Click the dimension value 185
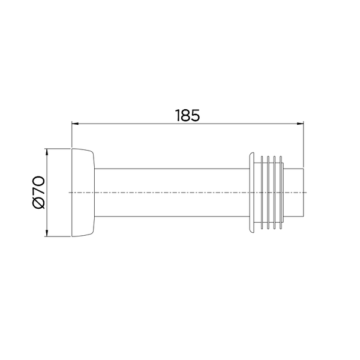(x=188, y=115)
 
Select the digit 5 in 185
(x=196, y=115)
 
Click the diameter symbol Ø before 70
(x=38, y=203)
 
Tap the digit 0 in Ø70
(x=38, y=181)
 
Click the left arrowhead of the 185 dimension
(x=75, y=124)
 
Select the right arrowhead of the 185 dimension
(x=301, y=124)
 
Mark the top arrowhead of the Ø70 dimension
(x=47, y=152)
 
